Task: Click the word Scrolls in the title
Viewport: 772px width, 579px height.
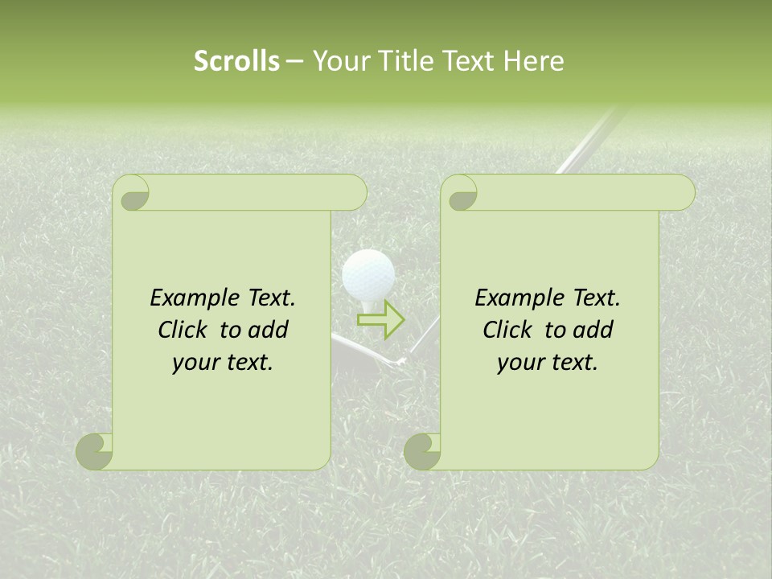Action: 237,61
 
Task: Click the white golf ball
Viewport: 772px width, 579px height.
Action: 368,274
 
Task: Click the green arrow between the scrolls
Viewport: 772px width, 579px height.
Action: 381,319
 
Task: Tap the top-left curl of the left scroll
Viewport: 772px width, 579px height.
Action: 132,193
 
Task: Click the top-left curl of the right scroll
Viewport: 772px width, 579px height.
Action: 460,193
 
